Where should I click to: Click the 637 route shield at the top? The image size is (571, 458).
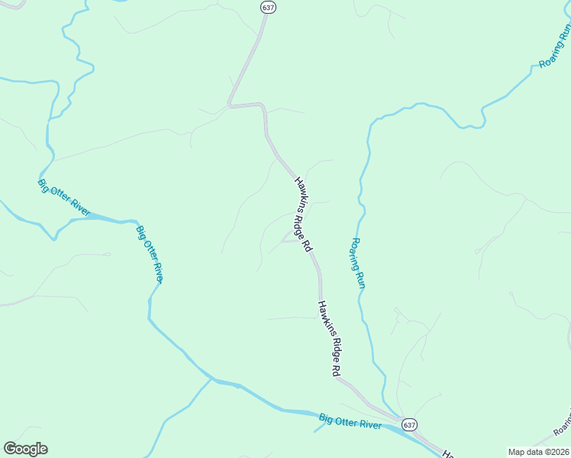268,7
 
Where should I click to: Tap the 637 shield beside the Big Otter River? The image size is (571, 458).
409,424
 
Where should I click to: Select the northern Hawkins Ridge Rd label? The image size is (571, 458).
303,214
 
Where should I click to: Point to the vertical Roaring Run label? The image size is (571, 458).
357,263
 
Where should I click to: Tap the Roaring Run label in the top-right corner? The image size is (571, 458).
555,47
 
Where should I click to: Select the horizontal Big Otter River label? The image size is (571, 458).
350,421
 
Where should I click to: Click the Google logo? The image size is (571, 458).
25,449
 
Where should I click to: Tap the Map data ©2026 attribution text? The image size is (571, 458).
538,452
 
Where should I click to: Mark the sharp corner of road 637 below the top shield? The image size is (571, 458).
229,105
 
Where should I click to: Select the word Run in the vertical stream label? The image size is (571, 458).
360,279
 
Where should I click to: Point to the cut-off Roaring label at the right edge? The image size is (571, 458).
565,417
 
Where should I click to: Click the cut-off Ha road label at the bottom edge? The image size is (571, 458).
448,452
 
